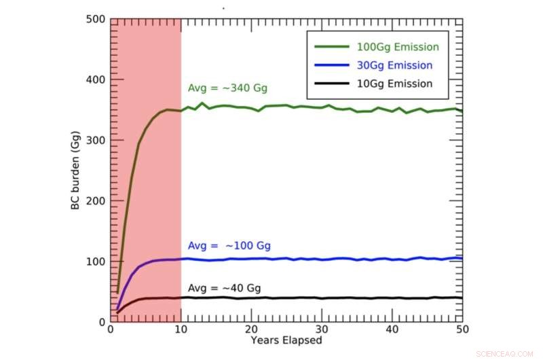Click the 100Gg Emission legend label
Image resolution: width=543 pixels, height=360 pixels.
[x=398, y=47]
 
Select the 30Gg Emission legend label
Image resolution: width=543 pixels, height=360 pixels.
[x=394, y=65]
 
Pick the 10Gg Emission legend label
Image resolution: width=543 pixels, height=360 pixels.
[x=394, y=84]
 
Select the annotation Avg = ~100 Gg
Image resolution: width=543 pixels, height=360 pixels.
[x=229, y=246]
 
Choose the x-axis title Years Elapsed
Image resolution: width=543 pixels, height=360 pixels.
[x=286, y=339]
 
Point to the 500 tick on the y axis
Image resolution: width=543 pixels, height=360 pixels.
[x=96, y=19]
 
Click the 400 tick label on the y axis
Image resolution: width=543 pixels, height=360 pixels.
[x=96, y=79]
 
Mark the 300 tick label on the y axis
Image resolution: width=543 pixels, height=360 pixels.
[x=96, y=140]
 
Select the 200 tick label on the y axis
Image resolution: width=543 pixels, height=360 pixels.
[x=96, y=200]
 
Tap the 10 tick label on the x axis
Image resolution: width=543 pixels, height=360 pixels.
[x=181, y=329]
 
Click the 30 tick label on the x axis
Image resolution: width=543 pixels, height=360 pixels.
[x=322, y=329]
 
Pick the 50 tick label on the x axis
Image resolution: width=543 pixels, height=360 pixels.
[x=462, y=329]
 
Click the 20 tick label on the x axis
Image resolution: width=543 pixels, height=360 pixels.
[x=251, y=329]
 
